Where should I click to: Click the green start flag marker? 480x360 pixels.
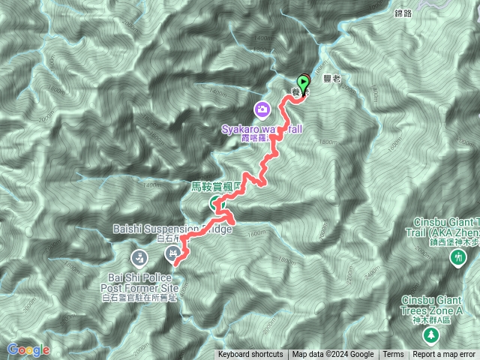[303, 82]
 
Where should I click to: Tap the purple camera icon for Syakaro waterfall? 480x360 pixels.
[262, 110]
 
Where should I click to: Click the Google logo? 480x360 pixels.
[28, 349]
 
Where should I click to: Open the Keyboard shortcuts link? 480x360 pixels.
[250, 355]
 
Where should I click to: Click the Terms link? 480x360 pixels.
[393, 355]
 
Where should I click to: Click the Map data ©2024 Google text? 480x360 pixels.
[333, 355]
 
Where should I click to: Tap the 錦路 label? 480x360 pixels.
[403, 13]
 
